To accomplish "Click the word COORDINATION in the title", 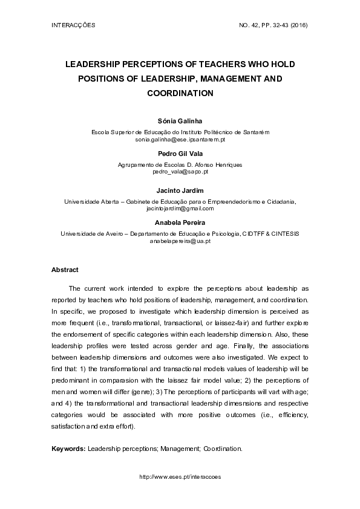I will pos(180,94).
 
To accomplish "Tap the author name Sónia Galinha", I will pos(180,122).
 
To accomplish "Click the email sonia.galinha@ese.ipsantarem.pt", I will pos(180,139).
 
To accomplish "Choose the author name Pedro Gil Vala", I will pos(180,154).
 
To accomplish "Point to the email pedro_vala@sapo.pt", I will pos(180,172).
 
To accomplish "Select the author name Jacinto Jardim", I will pos(180,190).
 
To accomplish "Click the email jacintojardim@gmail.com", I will pos(180,208).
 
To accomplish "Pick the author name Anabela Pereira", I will pos(180,223).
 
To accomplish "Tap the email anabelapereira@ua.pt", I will pos(180,241).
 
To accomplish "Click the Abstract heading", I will pos(65,270).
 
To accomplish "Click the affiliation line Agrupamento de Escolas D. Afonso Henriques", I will pos(180,165).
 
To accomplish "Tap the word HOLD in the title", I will pos(283,63).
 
